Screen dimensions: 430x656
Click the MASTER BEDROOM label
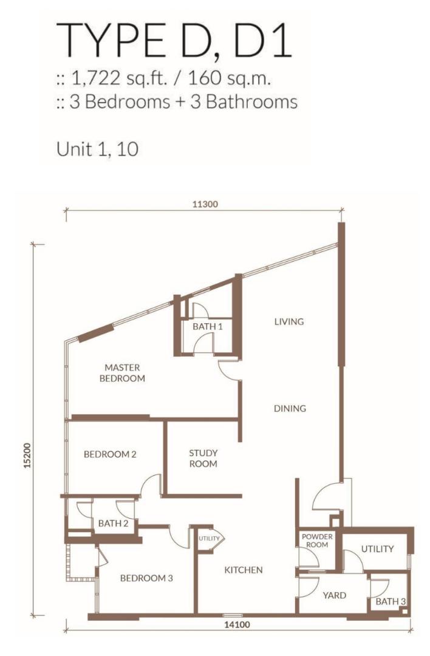[x=122, y=373]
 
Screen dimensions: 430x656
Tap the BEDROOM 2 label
[x=110, y=454]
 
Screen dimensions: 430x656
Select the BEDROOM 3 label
[x=146, y=578]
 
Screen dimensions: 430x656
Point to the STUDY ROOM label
[x=203, y=458]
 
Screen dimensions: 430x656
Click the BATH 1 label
[x=208, y=326]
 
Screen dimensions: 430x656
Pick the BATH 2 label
[x=113, y=523]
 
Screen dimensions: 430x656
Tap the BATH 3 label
[x=391, y=601]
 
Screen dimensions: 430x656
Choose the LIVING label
[x=289, y=321]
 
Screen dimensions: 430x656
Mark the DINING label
[x=290, y=408]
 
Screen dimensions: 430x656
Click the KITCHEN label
[x=244, y=570]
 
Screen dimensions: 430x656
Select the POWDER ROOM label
[x=317, y=541]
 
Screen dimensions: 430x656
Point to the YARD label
[x=334, y=595]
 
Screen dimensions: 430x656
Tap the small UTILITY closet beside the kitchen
[x=209, y=538]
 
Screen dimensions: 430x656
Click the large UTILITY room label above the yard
[x=377, y=548]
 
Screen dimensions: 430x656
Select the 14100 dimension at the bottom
[x=237, y=625]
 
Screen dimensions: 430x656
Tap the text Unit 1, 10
[x=97, y=149]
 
